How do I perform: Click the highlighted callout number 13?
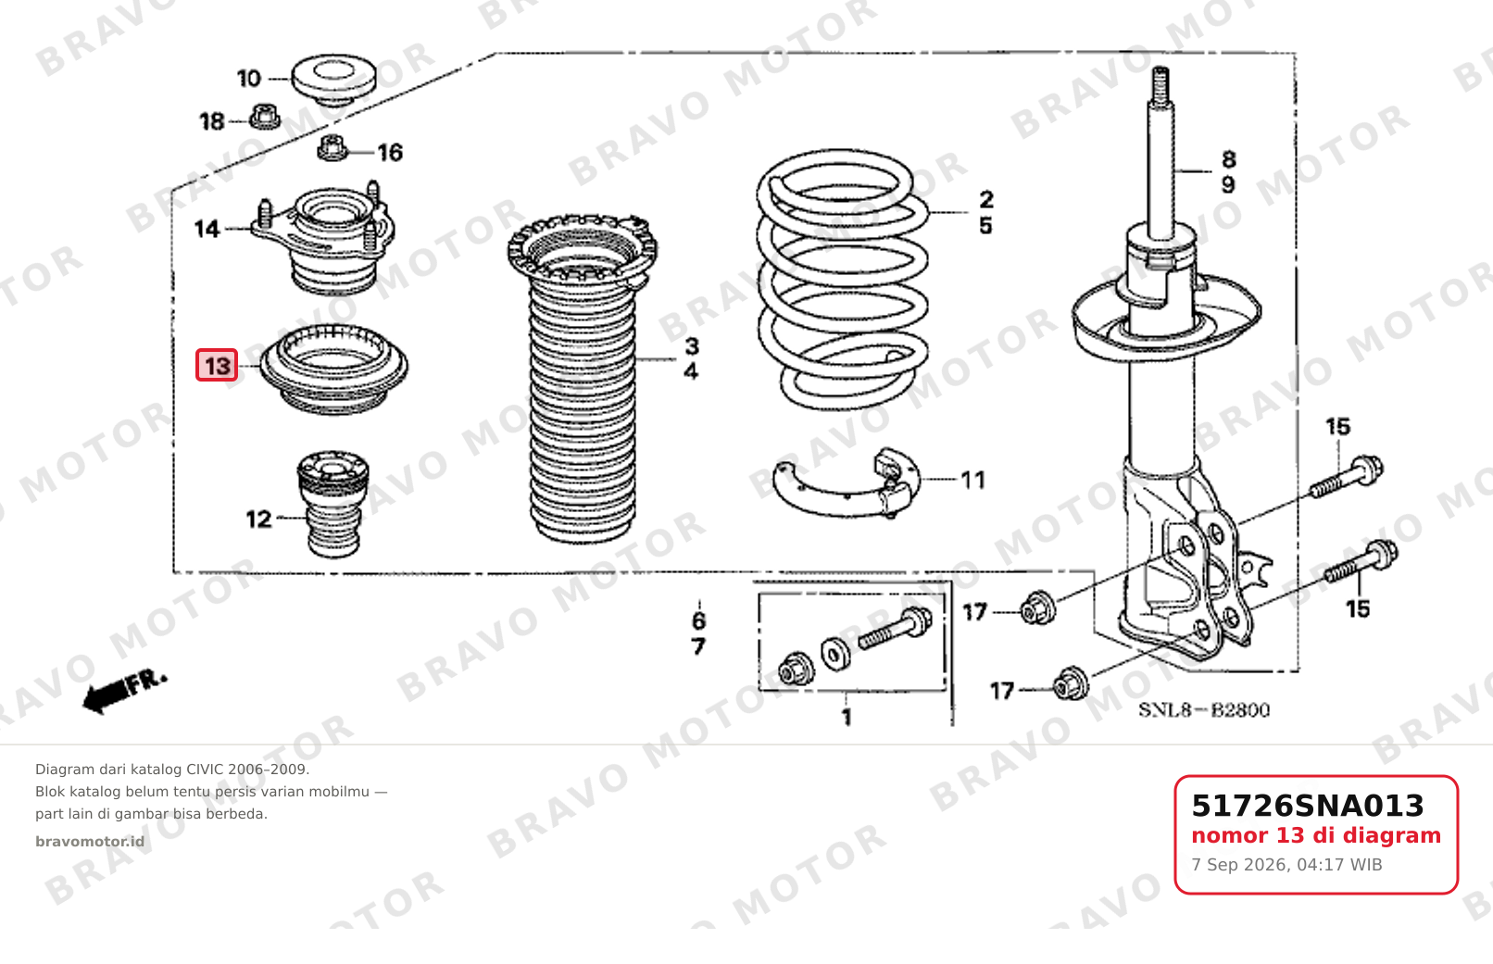pos(217,365)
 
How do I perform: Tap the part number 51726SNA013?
pos(1307,806)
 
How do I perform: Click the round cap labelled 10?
pos(333,80)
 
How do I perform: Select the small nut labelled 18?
pos(265,118)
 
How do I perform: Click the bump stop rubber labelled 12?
pos(332,505)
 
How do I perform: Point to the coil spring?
pos(843,280)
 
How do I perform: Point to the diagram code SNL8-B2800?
pos(1204,710)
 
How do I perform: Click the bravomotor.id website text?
pos(90,842)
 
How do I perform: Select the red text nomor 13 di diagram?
pos(1316,835)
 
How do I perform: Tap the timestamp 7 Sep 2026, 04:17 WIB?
pos(1286,865)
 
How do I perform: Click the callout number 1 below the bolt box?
pos(847,718)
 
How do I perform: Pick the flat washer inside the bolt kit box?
pos(835,654)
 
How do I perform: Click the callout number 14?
pos(207,229)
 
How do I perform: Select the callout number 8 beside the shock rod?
pos(1228,159)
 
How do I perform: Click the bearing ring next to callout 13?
pos(333,369)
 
